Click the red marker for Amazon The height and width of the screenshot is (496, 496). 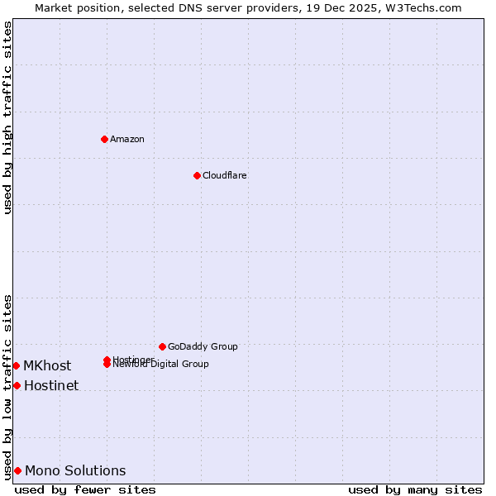104,139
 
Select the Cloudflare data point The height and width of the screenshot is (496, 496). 197,175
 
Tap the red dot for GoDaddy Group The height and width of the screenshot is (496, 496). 162,346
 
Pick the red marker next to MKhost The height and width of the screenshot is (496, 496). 16,365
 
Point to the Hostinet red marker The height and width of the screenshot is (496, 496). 17,385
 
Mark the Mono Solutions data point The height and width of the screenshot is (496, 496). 17,470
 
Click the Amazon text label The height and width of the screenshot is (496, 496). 127,139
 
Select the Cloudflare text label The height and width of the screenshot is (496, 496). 225,175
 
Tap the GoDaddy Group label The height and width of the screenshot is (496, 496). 203,346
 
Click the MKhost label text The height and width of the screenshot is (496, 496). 47,365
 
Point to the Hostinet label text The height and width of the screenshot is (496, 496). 51,385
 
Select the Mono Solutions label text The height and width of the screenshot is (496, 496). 75,470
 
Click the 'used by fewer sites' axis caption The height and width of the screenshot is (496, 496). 85,489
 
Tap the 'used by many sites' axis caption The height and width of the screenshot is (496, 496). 415,489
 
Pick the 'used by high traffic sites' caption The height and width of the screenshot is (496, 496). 7,117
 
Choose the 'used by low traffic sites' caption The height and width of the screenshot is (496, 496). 7,386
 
